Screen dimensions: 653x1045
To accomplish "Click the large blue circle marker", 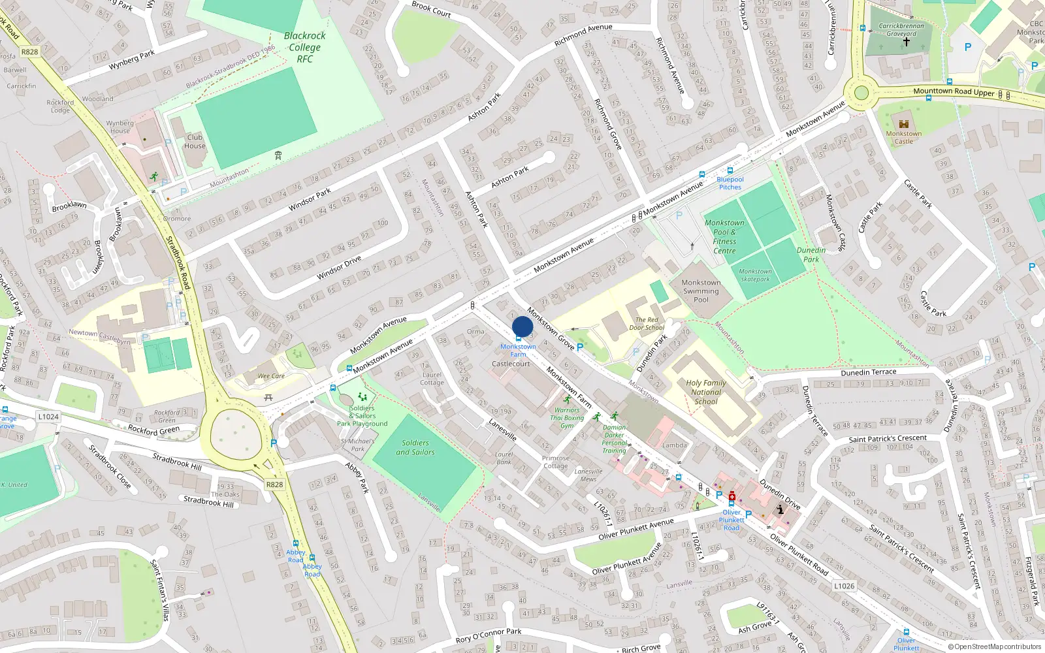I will tap(522, 326).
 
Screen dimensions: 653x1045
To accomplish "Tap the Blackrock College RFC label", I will tap(304, 47).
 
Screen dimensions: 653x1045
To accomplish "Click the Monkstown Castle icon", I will tap(904, 124).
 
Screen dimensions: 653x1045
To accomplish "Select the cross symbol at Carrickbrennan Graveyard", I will tap(906, 42).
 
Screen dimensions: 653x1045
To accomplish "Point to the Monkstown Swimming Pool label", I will tap(701, 291).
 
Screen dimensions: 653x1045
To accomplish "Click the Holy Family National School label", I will tap(706, 392).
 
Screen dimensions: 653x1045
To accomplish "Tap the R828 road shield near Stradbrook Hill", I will tap(274, 485).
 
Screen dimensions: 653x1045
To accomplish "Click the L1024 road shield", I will tap(48, 417).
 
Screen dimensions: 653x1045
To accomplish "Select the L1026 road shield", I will tap(844, 586).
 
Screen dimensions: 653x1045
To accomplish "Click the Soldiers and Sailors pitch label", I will tap(415, 447).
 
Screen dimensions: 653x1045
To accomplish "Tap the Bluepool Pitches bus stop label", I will tap(730, 183).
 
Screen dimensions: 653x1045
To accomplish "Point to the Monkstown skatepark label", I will tap(755, 276).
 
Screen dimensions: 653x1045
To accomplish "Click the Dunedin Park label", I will tap(811, 255).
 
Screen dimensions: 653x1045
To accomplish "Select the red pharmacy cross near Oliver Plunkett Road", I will tap(732, 496).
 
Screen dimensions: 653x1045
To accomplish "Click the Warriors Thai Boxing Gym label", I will tap(566, 418).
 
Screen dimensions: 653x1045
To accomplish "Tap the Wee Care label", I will tap(271, 376).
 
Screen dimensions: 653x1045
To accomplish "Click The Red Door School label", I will tap(646, 324).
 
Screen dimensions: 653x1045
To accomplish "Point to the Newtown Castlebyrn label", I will tap(100, 337).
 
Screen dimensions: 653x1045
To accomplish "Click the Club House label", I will tap(195, 142).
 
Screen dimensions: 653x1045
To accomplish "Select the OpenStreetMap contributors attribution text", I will tap(994, 646).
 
